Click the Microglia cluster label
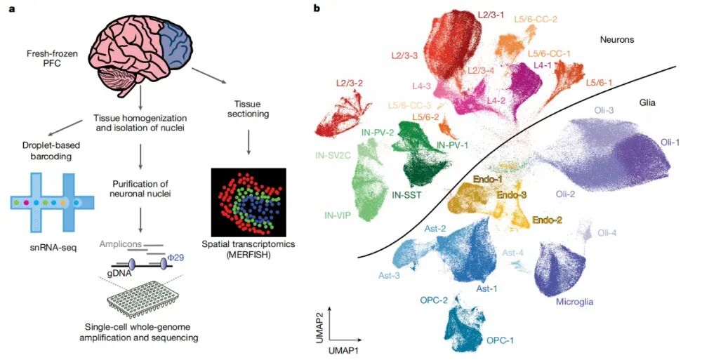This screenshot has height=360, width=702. tap(575, 302)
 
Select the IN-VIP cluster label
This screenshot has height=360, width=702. tap(338, 215)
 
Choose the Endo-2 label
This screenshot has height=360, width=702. tap(547, 220)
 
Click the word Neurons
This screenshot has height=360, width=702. tap(617, 40)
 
